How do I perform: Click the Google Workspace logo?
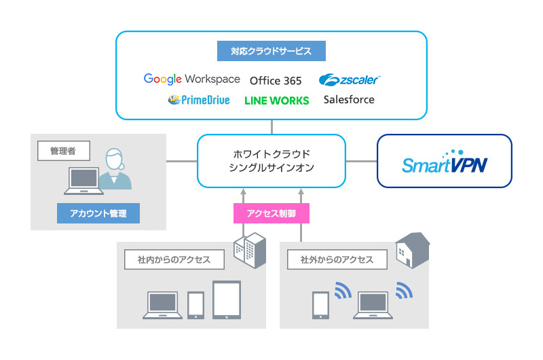pos(191,79)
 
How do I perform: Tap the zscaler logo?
pos(350,80)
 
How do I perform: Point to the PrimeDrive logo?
pos(199,101)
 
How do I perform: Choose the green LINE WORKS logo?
pos(276,101)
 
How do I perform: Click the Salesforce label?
pos(349,100)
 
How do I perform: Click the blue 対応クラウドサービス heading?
pos(271,51)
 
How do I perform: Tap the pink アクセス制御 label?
pos(271,214)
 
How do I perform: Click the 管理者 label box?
pos(63,151)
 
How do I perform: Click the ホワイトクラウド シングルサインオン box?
pos(271,161)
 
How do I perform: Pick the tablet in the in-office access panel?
pos(227,300)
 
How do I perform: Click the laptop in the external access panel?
pos(375,305)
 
